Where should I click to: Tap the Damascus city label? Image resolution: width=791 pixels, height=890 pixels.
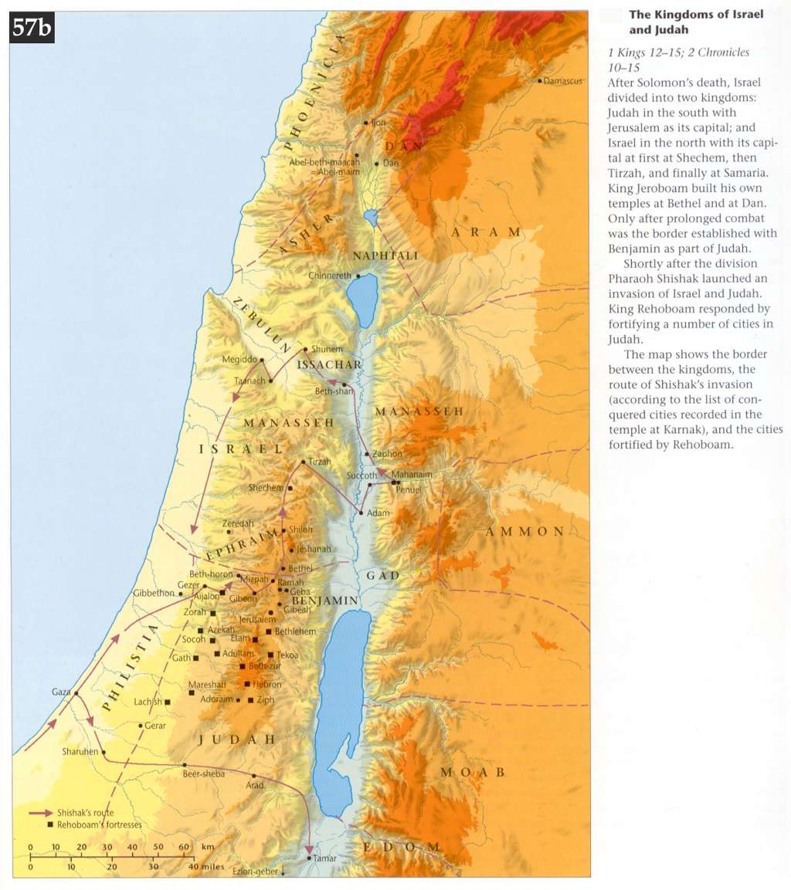[x=563, y=81]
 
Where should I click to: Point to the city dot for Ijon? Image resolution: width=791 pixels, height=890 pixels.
[x=366, y=122]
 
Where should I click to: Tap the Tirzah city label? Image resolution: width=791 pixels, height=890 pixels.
[x=319, y=461]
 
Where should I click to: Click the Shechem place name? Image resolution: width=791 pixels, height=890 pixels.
[x=266, y=488]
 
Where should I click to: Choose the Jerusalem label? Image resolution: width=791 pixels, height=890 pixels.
[x=258, y=620]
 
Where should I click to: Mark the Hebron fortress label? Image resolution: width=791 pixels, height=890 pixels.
[x=267, y=685]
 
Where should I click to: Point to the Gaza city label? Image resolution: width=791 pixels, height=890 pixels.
[x=62, y=691]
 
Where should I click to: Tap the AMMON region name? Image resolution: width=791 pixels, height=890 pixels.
[x=525, y=532]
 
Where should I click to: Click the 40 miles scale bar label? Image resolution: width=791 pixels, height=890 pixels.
[x=207, y=867]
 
